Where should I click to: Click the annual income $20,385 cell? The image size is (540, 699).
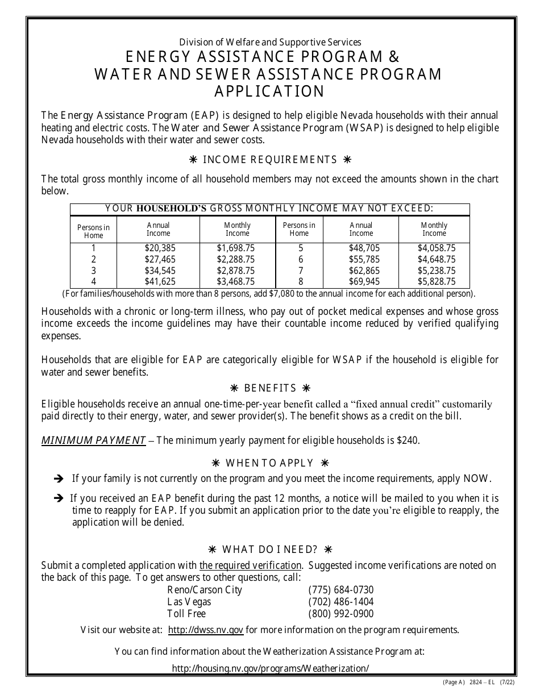(158, 248)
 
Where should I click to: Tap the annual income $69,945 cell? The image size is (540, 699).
(361, 282)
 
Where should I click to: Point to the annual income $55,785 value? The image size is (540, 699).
(361, 260)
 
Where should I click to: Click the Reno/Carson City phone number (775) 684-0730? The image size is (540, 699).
(340, 590)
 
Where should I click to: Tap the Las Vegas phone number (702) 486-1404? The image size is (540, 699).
(340, 602)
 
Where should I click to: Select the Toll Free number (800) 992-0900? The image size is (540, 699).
(340, 614)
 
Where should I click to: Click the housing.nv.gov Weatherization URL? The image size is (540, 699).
(270, 669)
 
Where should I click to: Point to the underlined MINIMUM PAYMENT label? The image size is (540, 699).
(93, 440)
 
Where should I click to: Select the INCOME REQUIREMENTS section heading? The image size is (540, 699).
(270, 160)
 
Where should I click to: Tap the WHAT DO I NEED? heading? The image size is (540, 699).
(270, 550)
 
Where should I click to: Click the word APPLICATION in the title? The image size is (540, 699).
(269, 91)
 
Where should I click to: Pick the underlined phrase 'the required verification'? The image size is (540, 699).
(250, 565)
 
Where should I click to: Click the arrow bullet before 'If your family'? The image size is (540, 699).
(58, 479)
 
